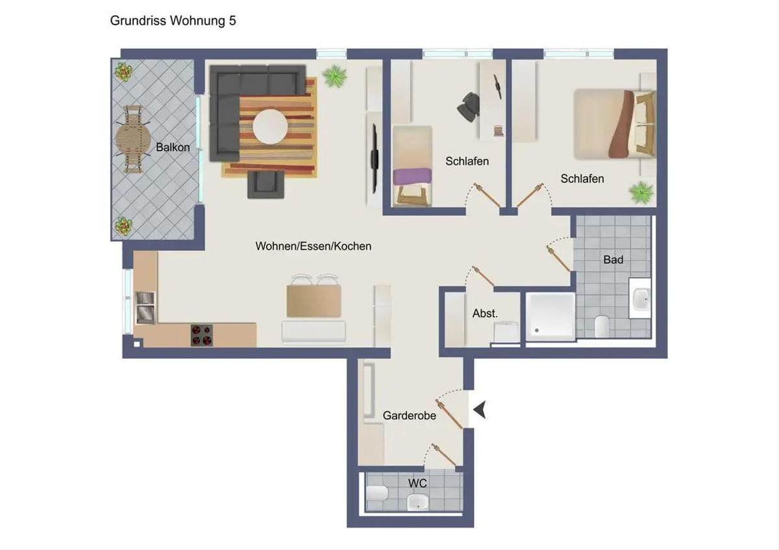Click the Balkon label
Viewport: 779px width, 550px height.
pyautogui.click(x=173, y=147)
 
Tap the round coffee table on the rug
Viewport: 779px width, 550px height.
pyautogui.click(x=270, y=127)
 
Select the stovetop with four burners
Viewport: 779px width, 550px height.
pyautogui.click(x=202, y=335)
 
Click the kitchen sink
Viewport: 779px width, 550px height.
pyautogui.click(x=145, y=308)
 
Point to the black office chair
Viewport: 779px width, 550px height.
pyautogui.click(x=469, y=107)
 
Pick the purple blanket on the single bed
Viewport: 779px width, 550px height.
pyautogui.click(x=412, y=177)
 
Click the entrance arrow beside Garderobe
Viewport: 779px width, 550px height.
pyautogui.click(x=480, y=410)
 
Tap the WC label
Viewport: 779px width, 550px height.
pyautogui.click(x=417, y=483)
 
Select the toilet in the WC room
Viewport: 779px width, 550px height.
pyautogui.click(x=377, y=493)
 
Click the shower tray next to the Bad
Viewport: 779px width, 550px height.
pyautogui.click(x=550, y=317)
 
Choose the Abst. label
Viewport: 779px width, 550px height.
pyautogui.click(x=485, y=313)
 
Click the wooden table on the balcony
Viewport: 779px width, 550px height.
pyautogui.click(x=132, y=139)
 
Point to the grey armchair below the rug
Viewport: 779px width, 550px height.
pyautogui.click(x=266, y=184)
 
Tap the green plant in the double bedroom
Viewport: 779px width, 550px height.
pyautogui.click(x=641, y=192)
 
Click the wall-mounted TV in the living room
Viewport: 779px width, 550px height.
pyautogui.click(x=375, y=158)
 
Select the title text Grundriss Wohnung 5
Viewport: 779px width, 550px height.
pyautogui.click(x=173, y=21)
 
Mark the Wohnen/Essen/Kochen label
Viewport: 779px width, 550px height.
pyautogui.click(x=314, y=246)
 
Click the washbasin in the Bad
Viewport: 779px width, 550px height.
pyautogui.click(x=640, y=298)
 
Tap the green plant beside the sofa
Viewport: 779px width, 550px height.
pyautogui.click(x=334, y=76)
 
